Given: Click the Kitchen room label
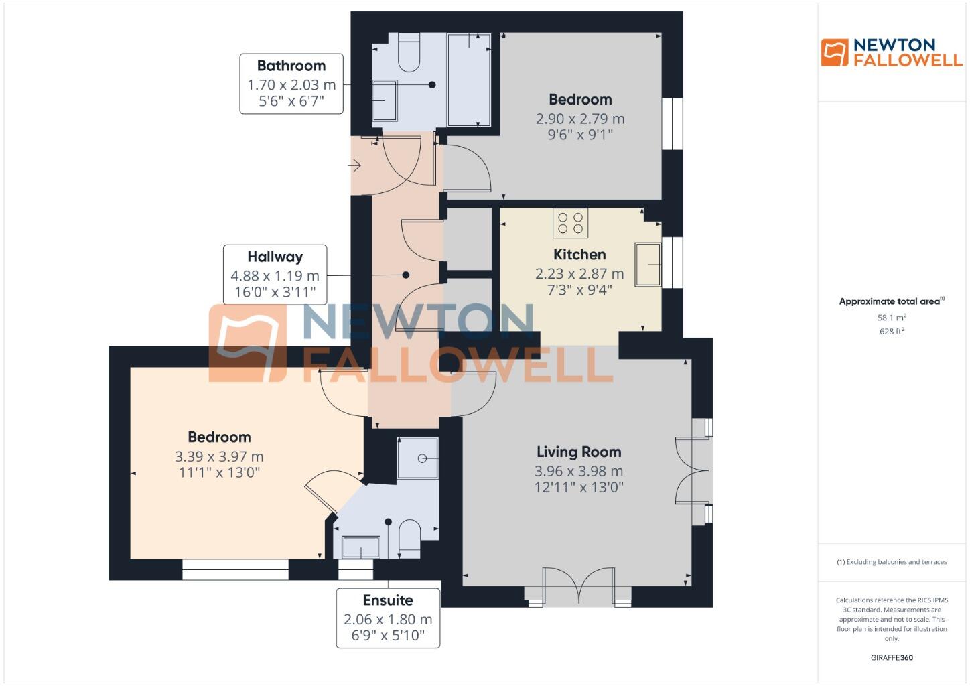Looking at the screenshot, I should (x=579, y=255).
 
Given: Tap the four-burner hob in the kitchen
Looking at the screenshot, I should (x=570, y=223).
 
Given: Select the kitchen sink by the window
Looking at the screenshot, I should (x=648, y=264).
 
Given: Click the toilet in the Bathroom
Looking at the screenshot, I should (x=409, y=53).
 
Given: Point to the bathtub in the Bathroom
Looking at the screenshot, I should (x=469, y=79).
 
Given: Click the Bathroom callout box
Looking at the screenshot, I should (x=291, y=84).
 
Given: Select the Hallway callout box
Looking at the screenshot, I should (x=275, y=275).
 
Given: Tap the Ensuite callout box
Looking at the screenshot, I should (x=388, y=618).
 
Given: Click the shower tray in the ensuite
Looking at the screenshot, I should (x=418, y=458).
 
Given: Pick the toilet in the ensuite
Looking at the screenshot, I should (x=409, y=539).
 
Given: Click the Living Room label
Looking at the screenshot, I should (x=579, y=452).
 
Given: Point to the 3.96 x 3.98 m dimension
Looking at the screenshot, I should (x=579, y=471).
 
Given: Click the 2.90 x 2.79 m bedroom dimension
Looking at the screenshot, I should (x=580, y=119).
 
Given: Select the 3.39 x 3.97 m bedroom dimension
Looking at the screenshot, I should (x=219, y=457).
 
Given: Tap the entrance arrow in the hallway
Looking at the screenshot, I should (x=355, y=165).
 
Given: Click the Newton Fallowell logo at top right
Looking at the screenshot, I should (x=892, y=52).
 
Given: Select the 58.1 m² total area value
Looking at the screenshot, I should (x=892, y=318).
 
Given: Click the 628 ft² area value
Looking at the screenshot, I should (x=892, y=331).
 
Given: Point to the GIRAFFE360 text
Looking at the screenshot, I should (x=892, y=657).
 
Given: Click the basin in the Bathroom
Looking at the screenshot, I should (x=385, y=100).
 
